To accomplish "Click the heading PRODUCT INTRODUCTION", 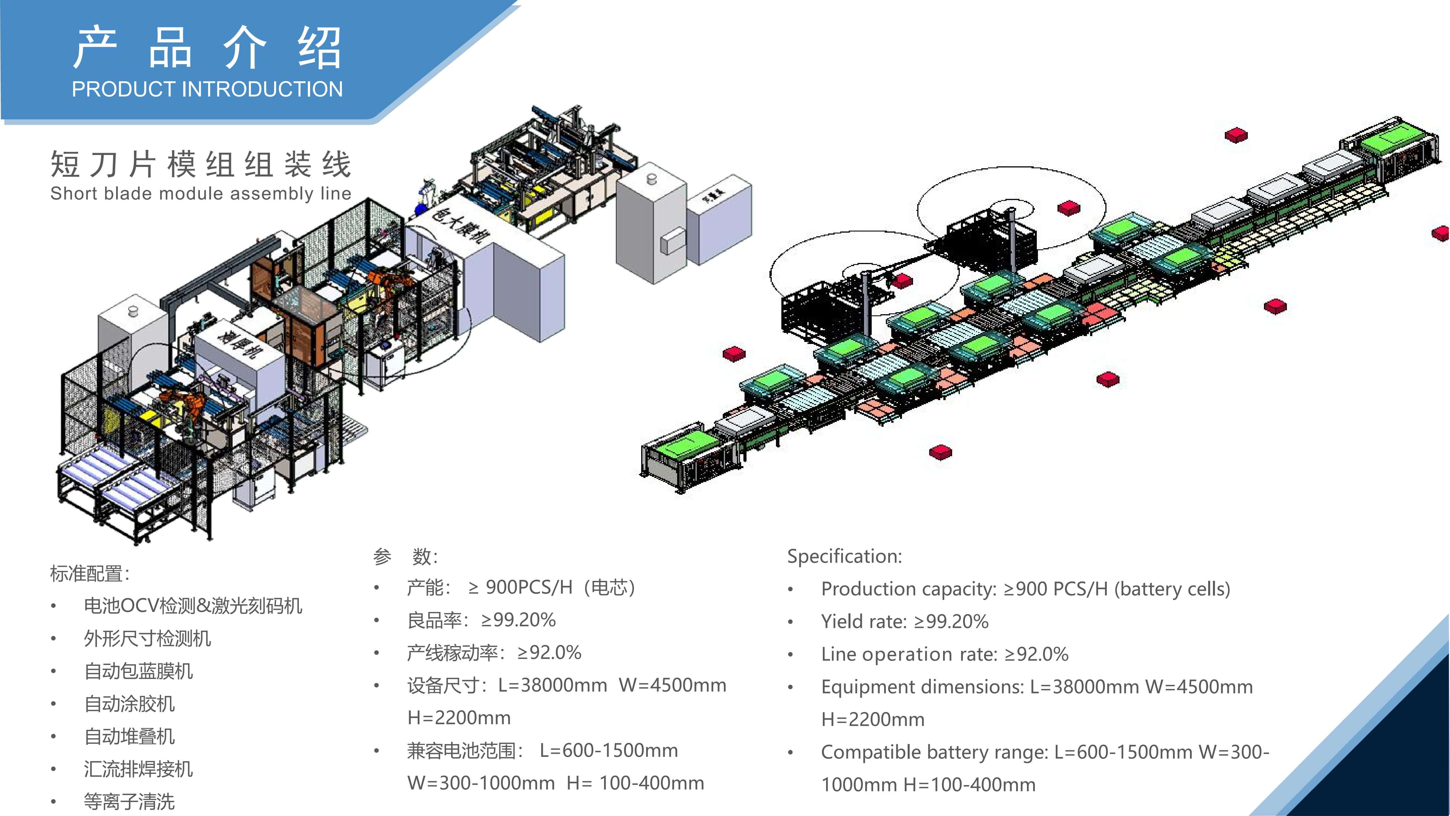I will pyautogui.click(x=207, y=89).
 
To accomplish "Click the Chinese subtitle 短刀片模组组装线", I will pyautogui.click(x=201, y=164).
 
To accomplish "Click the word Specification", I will pyautogui.click(x=844, y=556).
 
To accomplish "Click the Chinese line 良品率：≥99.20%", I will pyautogui.click(x=481, y=620).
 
